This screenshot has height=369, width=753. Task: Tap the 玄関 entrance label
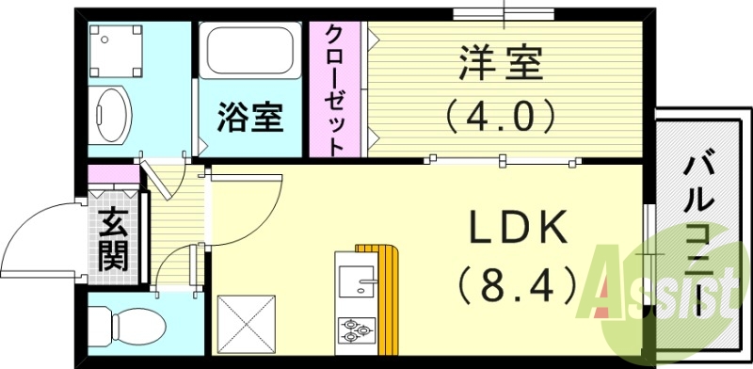coord(113,240)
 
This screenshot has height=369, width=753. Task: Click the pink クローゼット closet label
coord(334,89)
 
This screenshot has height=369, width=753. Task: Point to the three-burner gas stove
coord(355,330)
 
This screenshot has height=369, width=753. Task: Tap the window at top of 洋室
coord(505,14)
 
